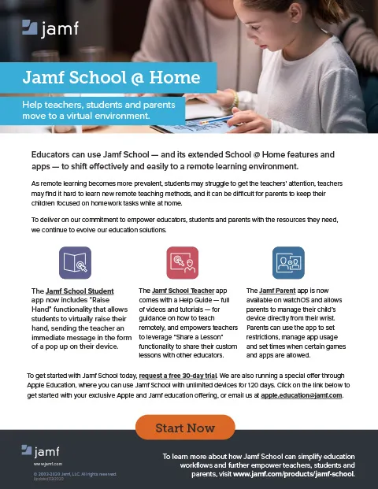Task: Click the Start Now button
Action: (185, 428)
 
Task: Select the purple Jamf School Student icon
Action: (76, 262)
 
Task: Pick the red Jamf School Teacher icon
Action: (182, 262)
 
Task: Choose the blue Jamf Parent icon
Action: (287, 262)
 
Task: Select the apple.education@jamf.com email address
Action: (302, 395)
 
